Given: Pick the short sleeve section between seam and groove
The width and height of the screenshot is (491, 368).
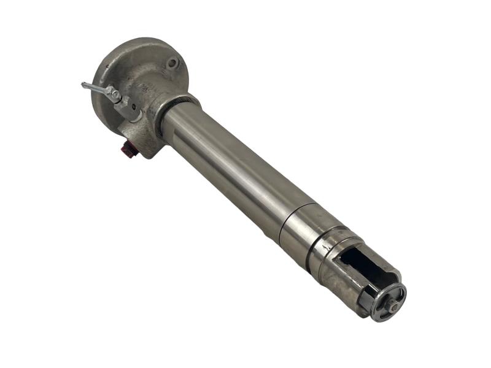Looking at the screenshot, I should pos(304,230).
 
